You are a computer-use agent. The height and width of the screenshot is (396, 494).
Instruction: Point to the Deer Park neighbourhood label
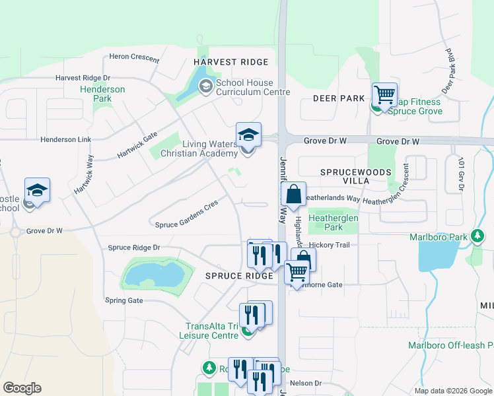point(339,98)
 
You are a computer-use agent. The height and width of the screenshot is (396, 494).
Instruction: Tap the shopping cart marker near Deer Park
point(384,94)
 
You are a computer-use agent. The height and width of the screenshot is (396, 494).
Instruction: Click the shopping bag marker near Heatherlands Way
point(293,195)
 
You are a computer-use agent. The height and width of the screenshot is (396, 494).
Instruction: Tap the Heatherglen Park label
point(334,222)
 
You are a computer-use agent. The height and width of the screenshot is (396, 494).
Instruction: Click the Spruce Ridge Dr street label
point(134,247)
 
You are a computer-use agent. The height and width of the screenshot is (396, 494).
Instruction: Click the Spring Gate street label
point(123,300)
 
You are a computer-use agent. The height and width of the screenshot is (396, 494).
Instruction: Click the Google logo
point(22,388)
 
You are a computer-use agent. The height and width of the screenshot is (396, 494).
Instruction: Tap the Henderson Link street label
point(65,140)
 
